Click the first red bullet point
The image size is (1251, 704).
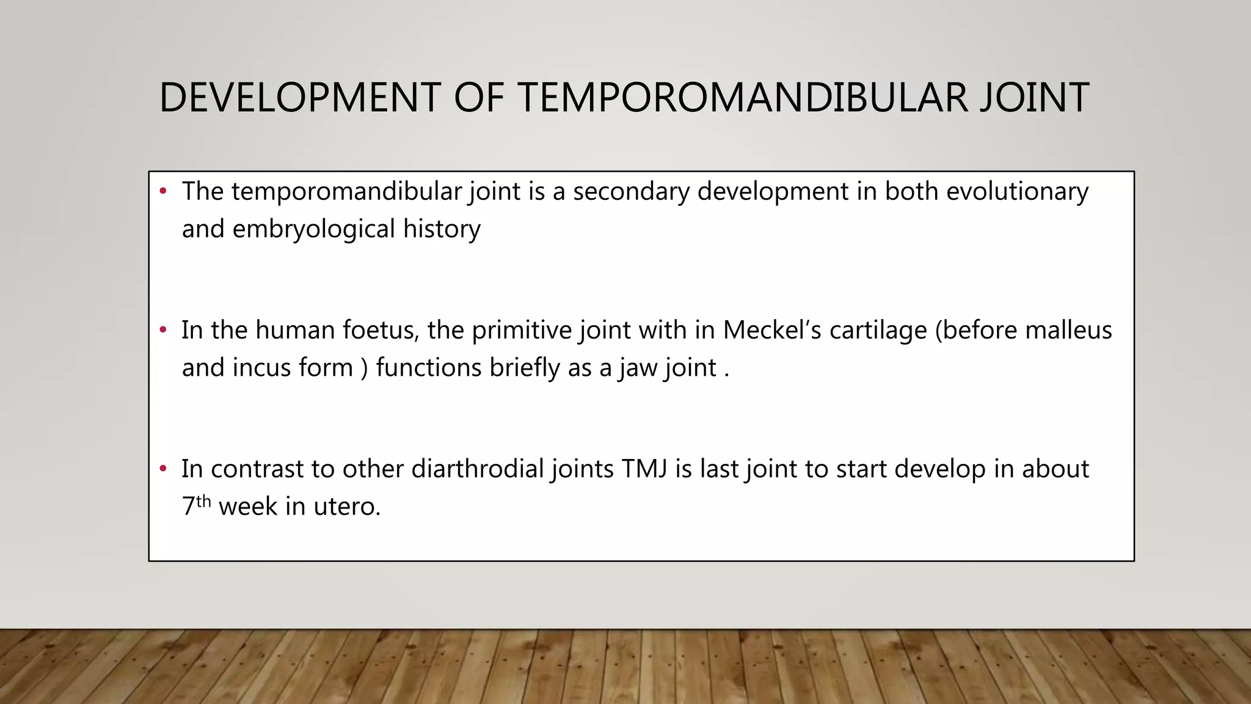162,192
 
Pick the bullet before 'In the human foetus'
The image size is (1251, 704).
162,331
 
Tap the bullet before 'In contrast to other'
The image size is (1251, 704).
162,469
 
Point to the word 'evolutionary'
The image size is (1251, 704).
1017,192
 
